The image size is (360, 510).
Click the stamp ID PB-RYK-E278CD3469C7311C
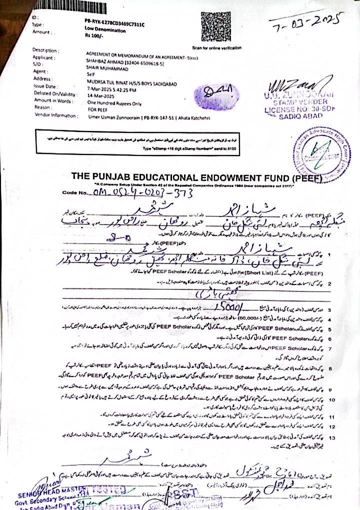tap(114, 23)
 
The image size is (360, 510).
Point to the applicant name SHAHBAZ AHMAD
tap(104, 64)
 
